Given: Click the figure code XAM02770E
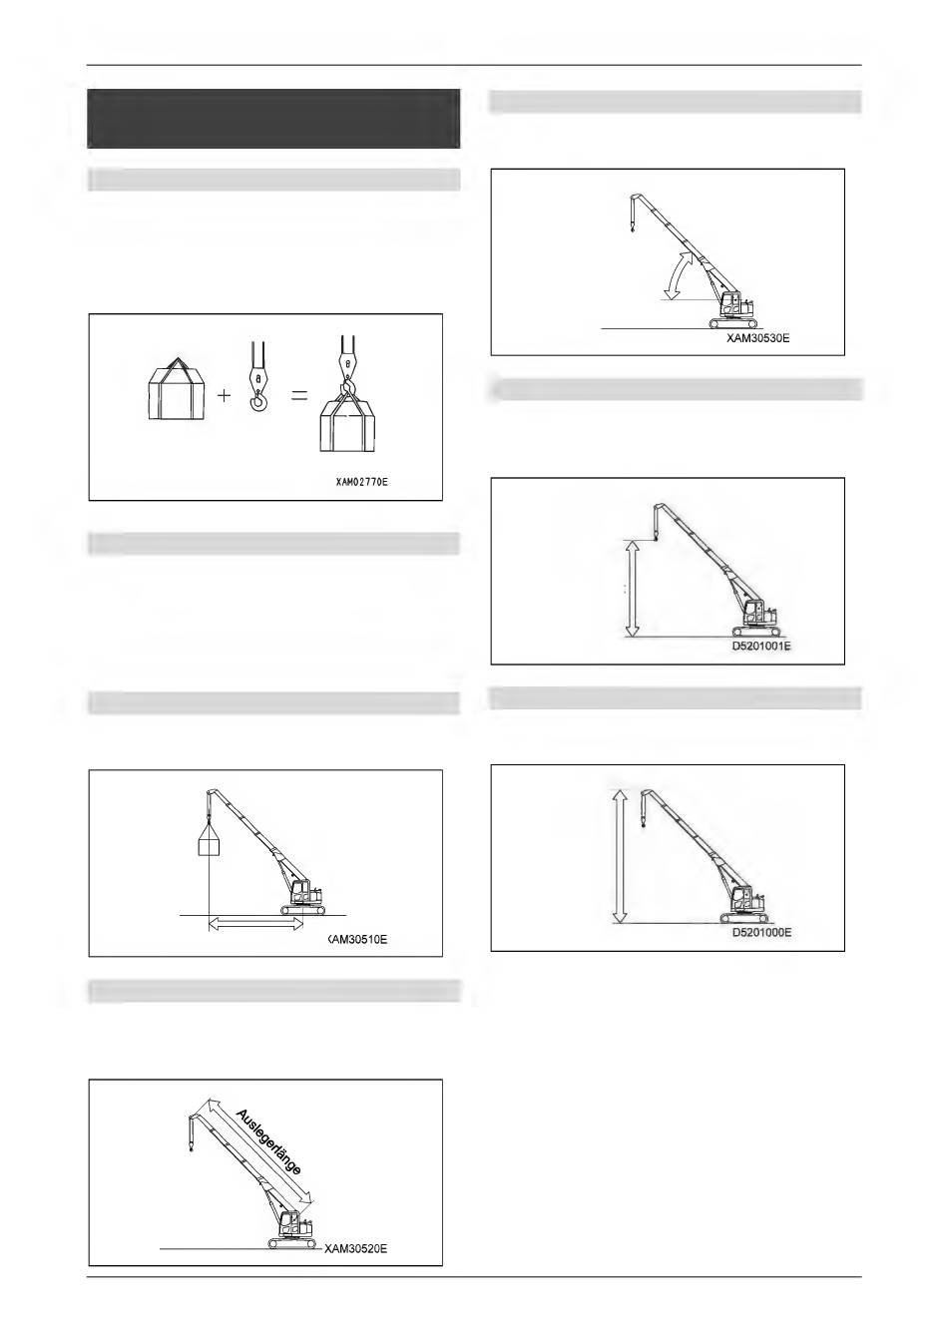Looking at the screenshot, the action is coord(360,481).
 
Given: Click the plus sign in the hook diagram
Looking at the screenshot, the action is coord(224,396).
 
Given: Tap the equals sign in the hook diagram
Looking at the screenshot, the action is coord(298,396).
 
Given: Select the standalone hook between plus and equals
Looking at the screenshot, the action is coord(258,376).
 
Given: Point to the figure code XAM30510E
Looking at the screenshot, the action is coord(357,939).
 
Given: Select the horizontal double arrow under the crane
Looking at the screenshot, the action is coord(255,926).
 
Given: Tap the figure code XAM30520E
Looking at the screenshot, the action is coord(355,1248).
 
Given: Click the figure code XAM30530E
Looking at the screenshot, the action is coord(757,338).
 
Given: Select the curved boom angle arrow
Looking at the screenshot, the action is coord(679,274).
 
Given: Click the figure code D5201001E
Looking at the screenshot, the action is coord(761,647).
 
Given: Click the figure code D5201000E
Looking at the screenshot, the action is coord(761,933).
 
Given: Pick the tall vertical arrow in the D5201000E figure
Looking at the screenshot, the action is coord(620,856).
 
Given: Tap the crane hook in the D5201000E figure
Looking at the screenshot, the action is coord(644,824).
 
